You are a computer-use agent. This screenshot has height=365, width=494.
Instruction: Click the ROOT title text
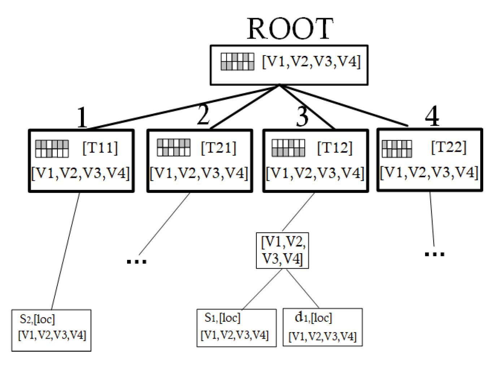click(290, 29)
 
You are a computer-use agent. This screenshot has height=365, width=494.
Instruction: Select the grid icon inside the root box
click(237, 61)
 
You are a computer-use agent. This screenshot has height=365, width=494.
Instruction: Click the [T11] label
click(100, 148)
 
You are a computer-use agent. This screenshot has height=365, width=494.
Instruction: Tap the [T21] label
click(218, 148)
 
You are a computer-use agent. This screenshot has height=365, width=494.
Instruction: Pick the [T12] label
click(335, 148)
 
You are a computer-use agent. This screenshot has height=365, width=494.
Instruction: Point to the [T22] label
click(449, 147)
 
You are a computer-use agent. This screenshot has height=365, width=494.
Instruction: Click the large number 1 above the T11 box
click(82, 117)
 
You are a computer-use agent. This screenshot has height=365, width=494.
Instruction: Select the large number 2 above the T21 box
click(203, 115)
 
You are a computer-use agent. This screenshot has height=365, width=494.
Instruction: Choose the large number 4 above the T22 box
click(432, 116)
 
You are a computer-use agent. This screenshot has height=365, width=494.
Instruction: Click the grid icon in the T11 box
click(52, 149)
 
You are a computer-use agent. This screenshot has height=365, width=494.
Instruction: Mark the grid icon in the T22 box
click(397, 149)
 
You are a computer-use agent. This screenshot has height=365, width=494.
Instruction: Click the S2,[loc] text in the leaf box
click(37, 319)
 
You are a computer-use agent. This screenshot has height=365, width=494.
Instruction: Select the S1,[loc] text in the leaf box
click(222, 318)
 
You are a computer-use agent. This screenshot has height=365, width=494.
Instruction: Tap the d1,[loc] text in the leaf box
click(313, 318)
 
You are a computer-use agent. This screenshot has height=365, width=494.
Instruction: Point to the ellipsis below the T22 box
click(434, 254)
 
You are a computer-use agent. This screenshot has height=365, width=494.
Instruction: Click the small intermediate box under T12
click(282, 250)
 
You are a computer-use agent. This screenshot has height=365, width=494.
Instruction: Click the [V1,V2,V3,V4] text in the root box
click(311, 62)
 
